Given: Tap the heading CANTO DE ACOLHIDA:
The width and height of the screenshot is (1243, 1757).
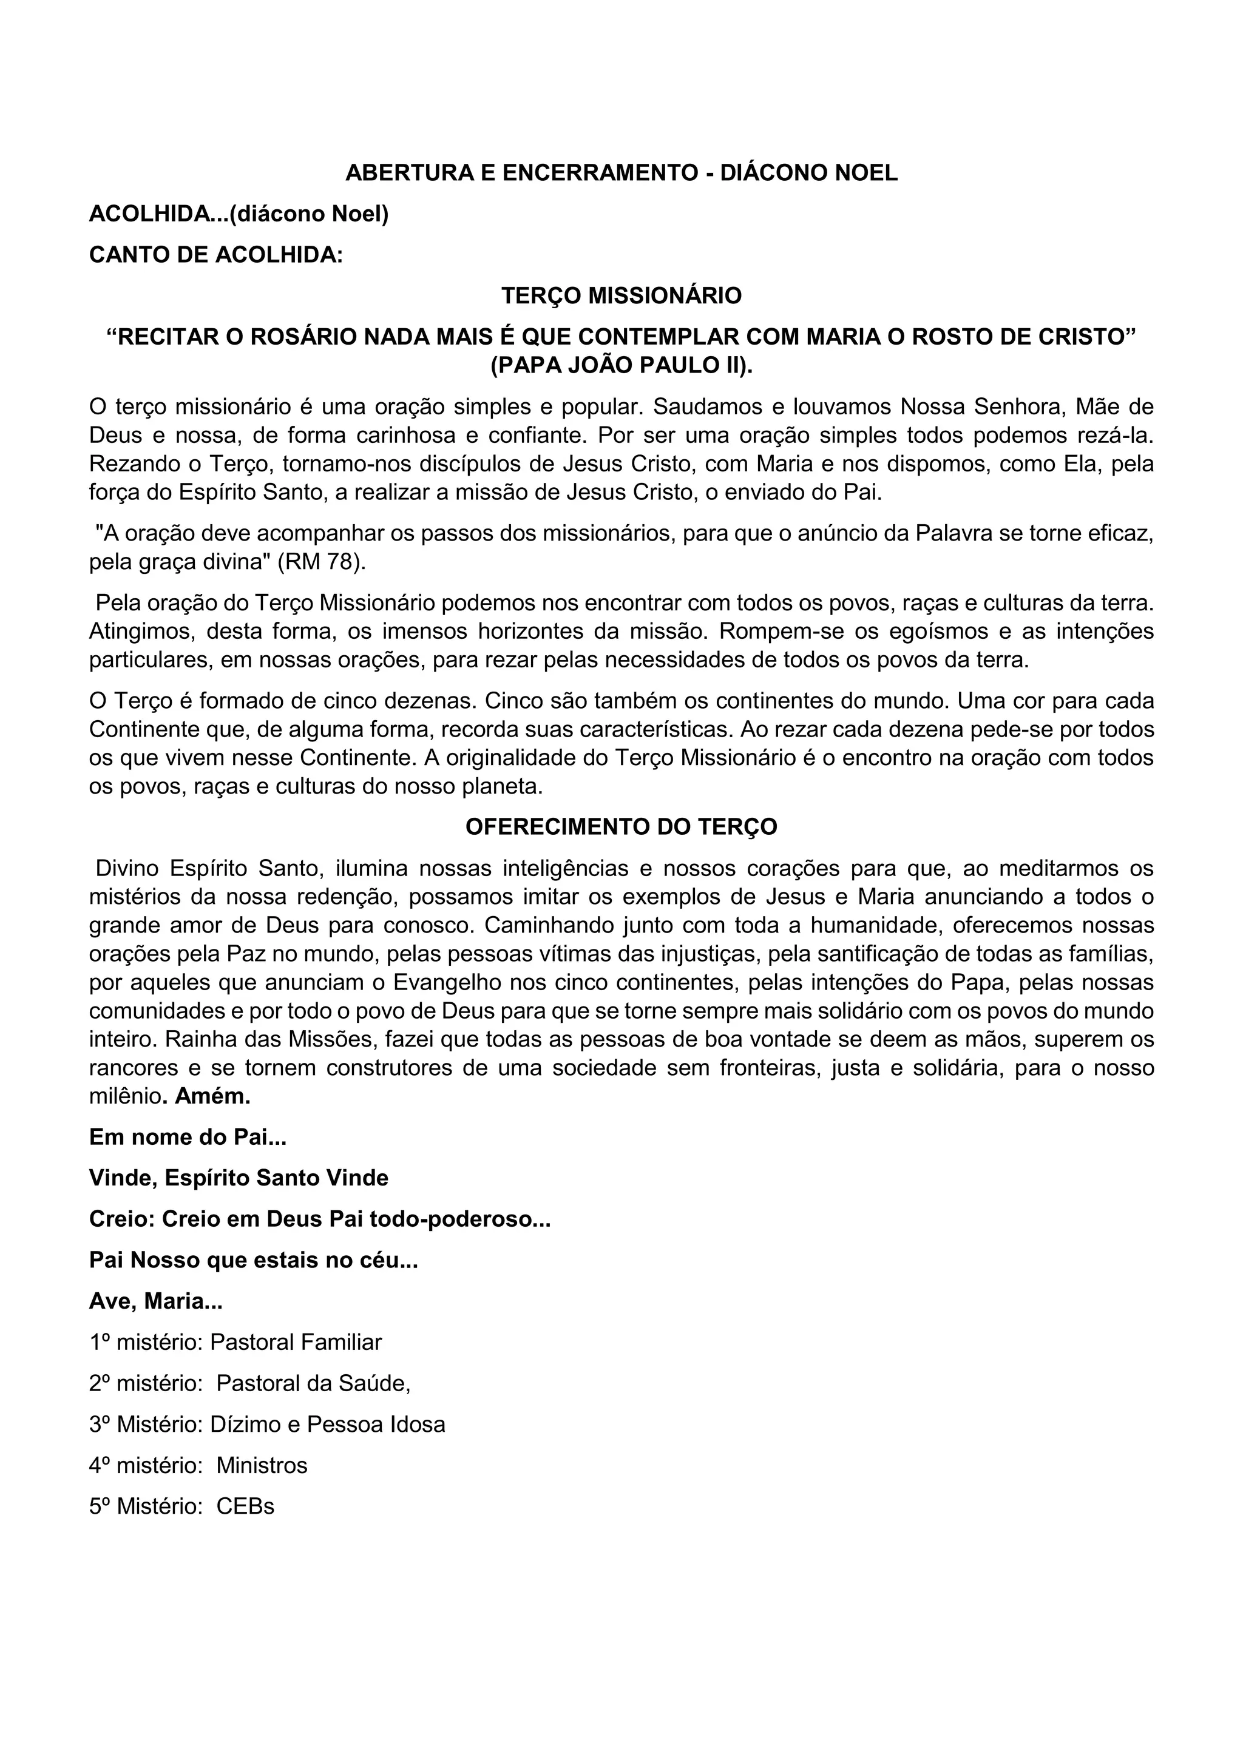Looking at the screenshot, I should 216,255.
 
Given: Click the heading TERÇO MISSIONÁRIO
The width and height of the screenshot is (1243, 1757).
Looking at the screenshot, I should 621,295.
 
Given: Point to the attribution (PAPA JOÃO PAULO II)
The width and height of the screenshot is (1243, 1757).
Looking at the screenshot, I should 621,365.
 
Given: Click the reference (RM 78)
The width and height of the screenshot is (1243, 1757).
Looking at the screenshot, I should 322,562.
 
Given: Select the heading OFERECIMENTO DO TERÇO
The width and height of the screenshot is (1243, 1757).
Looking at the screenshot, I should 621,826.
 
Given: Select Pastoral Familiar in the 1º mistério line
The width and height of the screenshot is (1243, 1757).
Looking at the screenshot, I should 296,1342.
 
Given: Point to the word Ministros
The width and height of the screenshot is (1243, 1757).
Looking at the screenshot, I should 262,1465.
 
